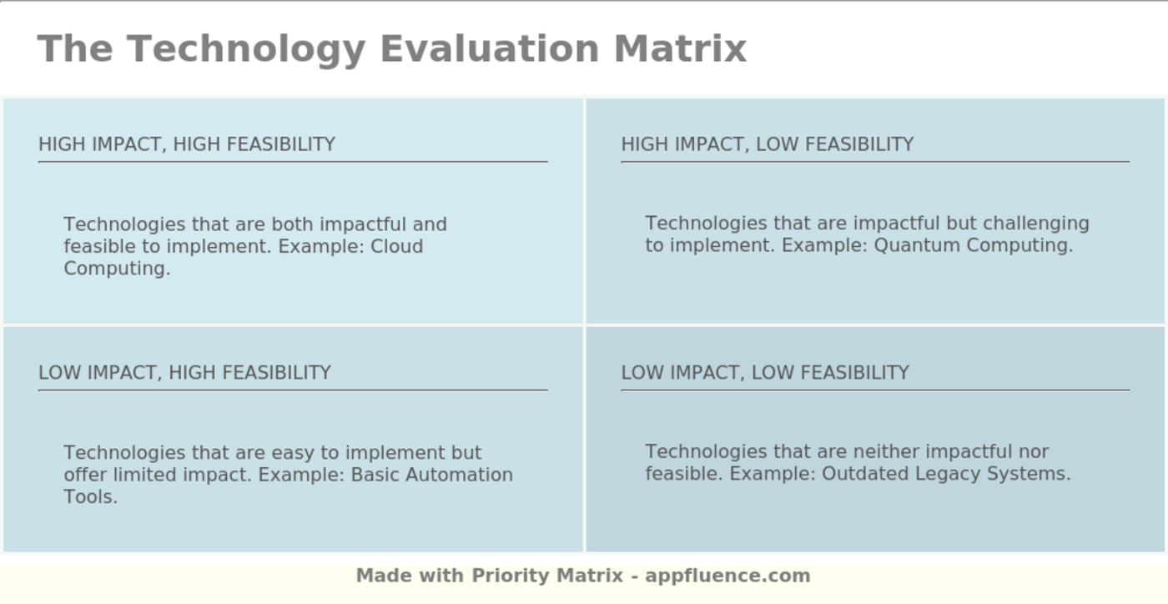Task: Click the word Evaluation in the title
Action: [489, 48]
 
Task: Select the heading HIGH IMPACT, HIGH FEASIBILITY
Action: [187, 144]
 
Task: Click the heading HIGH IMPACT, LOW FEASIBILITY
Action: [768, 144]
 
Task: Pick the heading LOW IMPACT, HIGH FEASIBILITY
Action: [184, 373]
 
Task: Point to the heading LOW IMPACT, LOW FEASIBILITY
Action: [765, 373]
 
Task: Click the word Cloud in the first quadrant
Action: [397, 247]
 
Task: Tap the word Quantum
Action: [910, 246]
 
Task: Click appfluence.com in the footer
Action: [727, 576]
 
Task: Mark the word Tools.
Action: [90, 497]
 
